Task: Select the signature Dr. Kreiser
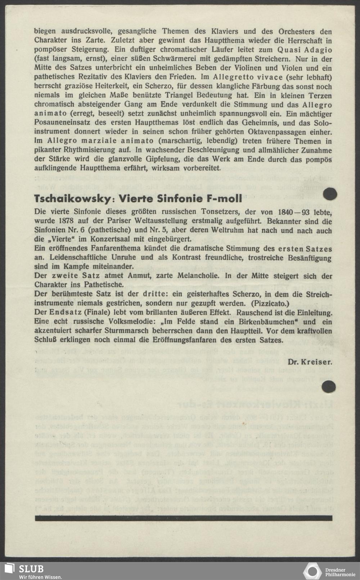pyautogui.click(x=310, y=362)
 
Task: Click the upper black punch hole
pyautogui.click(x=330, y=194)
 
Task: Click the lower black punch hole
pyautogui.click(x=328, y=387)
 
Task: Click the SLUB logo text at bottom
pyautogui.click(x=31, y=569)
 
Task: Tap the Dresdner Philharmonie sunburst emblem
pyautogui.click(x=312, y=571)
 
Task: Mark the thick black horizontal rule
pyautogui.click(x=183, y=518)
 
